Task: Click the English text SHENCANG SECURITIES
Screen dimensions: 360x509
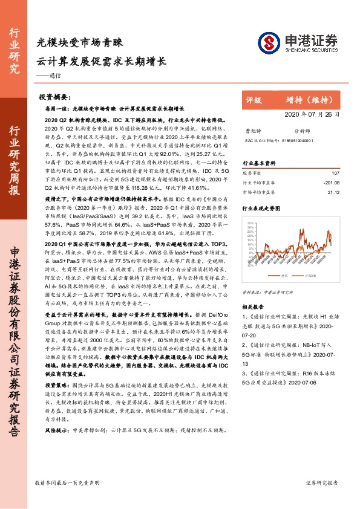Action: [x=309, y=51]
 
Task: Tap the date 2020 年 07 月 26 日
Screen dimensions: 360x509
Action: [x=296, y=114]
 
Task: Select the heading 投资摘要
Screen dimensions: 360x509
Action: [x=53, y=97]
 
